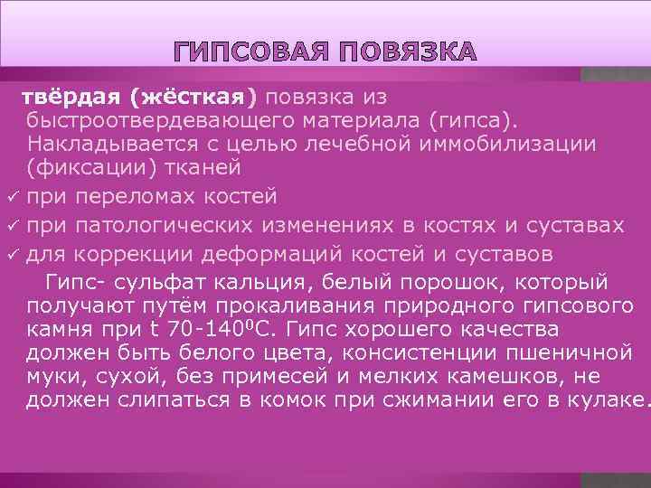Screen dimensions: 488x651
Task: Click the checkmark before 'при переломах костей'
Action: (x=11, y=197)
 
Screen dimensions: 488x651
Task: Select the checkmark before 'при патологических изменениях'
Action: (x=11, y=224)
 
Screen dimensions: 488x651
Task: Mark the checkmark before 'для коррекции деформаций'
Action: (x=11, y=251)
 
